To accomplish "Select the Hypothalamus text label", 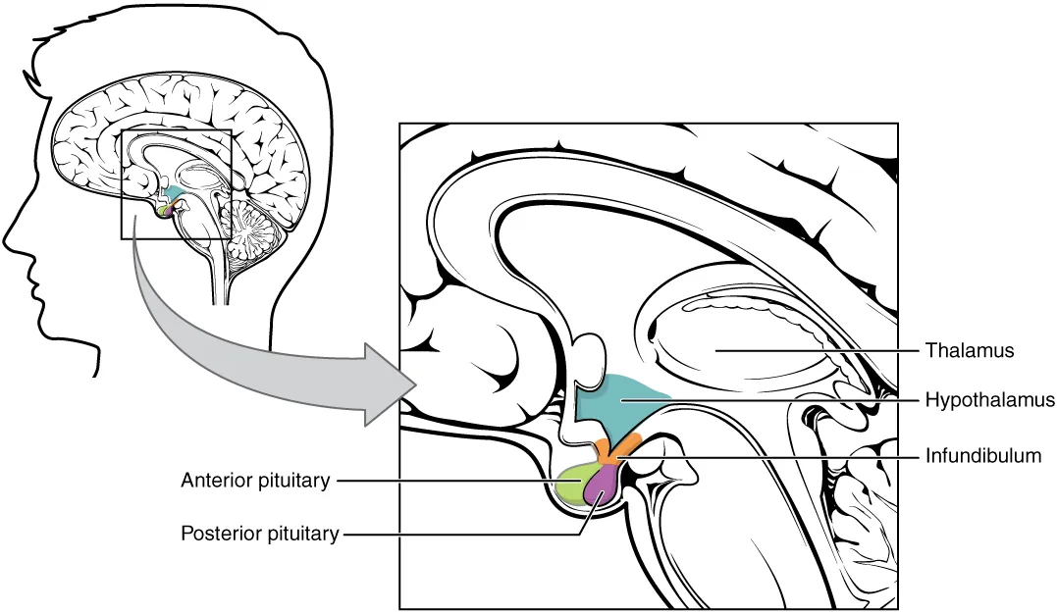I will [x=989, y=400].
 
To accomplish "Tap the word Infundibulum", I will [x=984, y=457].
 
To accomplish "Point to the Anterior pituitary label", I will [x=255, y=481].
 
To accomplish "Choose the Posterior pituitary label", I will [x=259, y=535].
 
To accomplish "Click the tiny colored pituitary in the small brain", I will [x=165, y=207].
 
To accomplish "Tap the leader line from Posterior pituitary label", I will [x=461, y=535].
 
